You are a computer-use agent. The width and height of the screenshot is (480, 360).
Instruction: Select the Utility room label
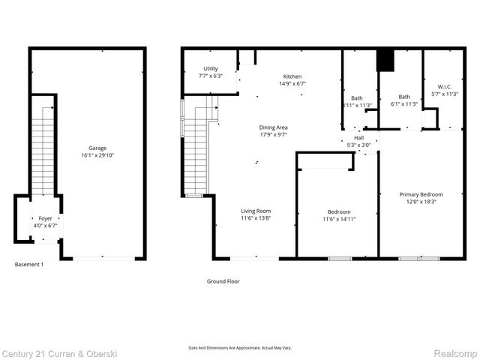click(x=211, y=68)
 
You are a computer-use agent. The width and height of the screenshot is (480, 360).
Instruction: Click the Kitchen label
click(x=293, y=76)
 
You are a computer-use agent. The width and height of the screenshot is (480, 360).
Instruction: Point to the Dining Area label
click(x=273, y=127)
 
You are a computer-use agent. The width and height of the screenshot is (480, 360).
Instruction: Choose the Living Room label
click(x=256, y=211)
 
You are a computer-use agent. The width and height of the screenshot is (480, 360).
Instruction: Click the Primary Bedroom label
click(x=420, y=194)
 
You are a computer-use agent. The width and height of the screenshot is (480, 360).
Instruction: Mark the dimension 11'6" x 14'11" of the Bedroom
click(x=338, y=219)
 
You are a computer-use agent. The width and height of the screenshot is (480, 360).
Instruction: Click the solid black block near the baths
click(x=385, y=60)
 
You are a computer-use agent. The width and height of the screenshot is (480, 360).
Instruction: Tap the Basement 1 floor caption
click(x=29, y=264)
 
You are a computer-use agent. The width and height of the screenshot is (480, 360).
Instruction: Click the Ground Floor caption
click(x=223, y=281)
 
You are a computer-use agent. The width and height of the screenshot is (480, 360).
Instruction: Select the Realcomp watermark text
click(x=453, y=352)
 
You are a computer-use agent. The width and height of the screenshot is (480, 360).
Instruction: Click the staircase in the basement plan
click(x=44, y=150)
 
